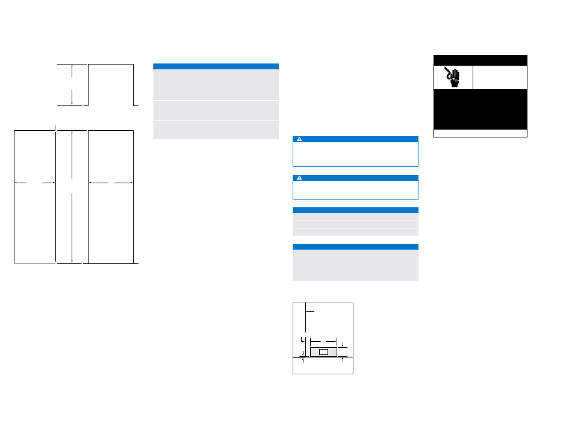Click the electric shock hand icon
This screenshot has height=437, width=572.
(453, 77)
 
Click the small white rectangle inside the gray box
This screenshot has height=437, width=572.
(323, 351)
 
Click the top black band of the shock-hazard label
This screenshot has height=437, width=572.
(480, 60)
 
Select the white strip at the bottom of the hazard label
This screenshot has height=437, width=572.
(480, 133)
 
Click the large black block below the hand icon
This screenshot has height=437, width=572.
(480, 109)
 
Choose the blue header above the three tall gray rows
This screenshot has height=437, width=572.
(216, 66)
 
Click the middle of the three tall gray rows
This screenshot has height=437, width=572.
(216, 110)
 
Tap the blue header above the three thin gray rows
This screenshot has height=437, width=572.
(355, 209)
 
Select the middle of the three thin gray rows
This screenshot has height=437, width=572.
(355, 224)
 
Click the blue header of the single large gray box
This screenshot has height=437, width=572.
(355, 247)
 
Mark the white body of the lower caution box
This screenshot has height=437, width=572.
(355, 190)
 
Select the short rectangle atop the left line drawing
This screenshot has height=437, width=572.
(110, 84)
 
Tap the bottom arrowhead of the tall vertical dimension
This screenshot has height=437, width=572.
(72, 260)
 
